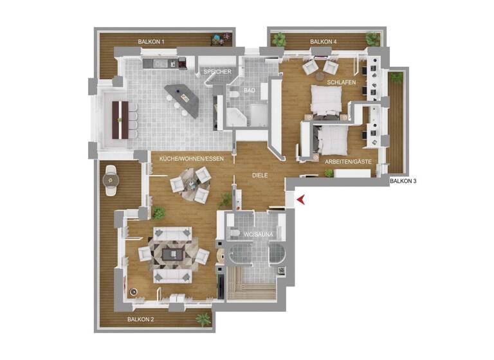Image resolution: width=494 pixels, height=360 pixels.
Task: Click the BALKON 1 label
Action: [152, 42]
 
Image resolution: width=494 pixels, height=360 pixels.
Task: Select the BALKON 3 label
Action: [403, 181]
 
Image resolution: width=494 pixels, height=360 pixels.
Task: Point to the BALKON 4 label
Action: [323, 42]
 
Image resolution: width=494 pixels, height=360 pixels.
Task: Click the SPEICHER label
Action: [217, 71]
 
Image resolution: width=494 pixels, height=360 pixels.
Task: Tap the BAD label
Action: [250, 91]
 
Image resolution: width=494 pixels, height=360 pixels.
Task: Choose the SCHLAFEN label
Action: [340, 83]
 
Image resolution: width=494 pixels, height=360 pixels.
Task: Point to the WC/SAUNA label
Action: [258, 235]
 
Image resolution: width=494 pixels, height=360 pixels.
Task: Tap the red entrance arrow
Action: [301, 202]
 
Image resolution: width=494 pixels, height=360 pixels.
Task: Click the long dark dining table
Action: [120, 120]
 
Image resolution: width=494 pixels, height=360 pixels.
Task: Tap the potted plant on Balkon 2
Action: [204, 318]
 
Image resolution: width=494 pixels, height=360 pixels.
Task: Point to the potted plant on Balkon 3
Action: [396, 77]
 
